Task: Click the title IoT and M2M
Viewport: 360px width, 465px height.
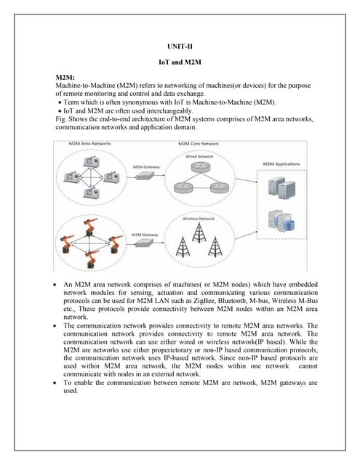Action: (180, 62)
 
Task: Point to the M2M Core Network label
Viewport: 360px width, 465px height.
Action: (199, 144)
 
